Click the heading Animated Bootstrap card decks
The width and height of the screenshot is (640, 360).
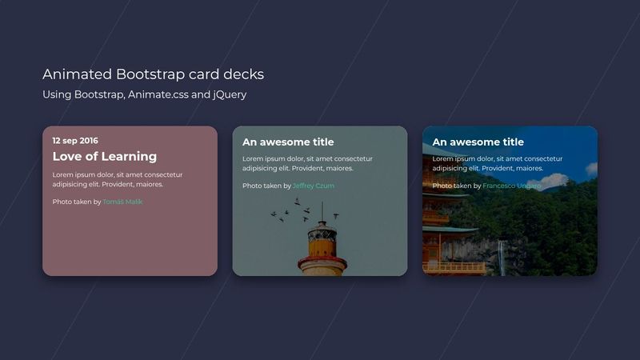click(153, 74)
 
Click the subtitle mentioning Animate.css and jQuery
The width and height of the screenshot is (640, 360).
click(144, 94)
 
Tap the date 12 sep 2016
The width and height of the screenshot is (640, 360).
click(75, 140)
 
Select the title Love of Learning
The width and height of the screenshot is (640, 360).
click(104, 157)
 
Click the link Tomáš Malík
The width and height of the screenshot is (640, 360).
click(122, 202)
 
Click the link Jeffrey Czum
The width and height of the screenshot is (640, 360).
click(313, 186)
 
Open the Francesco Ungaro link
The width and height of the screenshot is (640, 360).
click(511, 186)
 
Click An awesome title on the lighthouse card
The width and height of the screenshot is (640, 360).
click(288, 142)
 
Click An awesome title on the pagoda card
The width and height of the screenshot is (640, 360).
click(478, 142)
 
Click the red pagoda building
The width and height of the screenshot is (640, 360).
click(438, 232)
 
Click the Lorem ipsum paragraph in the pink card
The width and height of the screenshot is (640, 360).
click(117, 179)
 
